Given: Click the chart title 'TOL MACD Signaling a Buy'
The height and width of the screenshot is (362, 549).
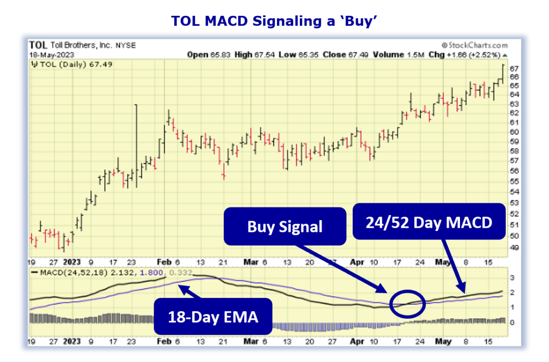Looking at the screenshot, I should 274,20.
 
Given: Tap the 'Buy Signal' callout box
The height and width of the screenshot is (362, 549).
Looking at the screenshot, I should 285,226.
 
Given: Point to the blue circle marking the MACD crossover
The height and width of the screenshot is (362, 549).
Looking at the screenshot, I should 407,303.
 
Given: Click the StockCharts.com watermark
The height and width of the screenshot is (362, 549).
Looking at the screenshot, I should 474,45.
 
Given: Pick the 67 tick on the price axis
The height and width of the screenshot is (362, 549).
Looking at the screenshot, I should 514,69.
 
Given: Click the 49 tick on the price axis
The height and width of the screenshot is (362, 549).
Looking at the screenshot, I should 514,248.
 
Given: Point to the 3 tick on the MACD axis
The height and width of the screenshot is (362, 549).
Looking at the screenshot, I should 512,278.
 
